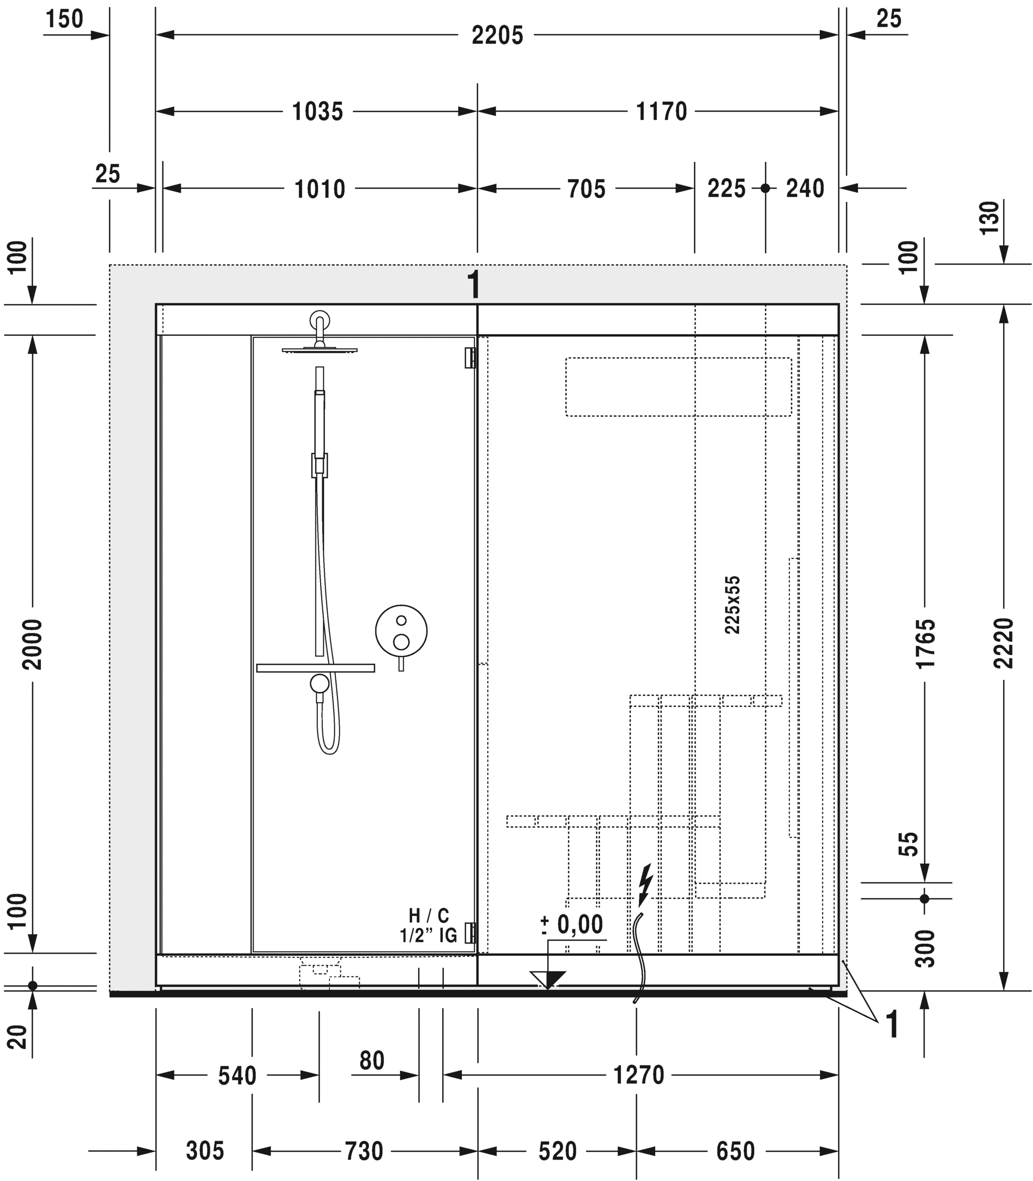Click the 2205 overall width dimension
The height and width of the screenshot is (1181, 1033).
pyautogui.click(x=497, y=35)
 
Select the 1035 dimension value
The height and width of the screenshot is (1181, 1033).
pyautogui.click(x=317, y=111)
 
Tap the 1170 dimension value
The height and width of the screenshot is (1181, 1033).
pyautogui.click(x=661, y=111)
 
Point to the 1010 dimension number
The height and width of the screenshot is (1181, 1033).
pyautogui.click(x=320, y=189)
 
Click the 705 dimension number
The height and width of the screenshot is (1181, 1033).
pyautogui.click(x=586, y=189)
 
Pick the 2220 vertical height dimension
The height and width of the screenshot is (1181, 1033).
pyautogui.click(x=1004, y=643)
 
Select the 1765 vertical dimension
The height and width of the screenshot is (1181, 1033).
pyautogui.click(x=925, y=643)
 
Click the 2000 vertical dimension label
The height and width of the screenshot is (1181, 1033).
pyautogui.click(x=32, y=644)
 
